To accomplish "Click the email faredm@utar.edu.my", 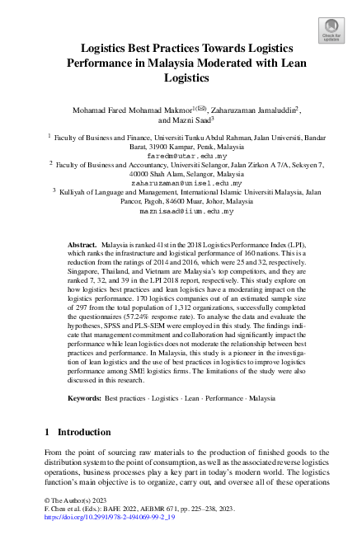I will pyautogui.click(x=181, y=155).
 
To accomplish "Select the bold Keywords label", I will pyautogui.click(x=85, y=397).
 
